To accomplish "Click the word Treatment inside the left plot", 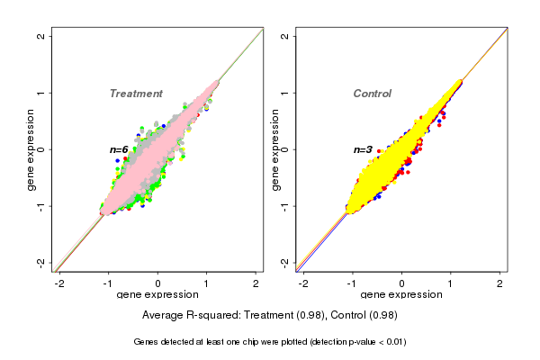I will pos(136,94).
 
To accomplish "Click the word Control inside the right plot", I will pos(372,94).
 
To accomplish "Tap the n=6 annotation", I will pos(119,149).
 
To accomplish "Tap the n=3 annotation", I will pos(363,149).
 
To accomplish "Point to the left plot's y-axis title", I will pos(32,149).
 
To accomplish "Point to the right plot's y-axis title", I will pos(277,149).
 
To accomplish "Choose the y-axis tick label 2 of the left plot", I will pos(41,36).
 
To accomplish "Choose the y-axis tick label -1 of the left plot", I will pos(41,206).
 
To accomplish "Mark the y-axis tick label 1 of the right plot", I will pos(286,93).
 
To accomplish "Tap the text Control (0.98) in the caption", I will pos(364,315).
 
